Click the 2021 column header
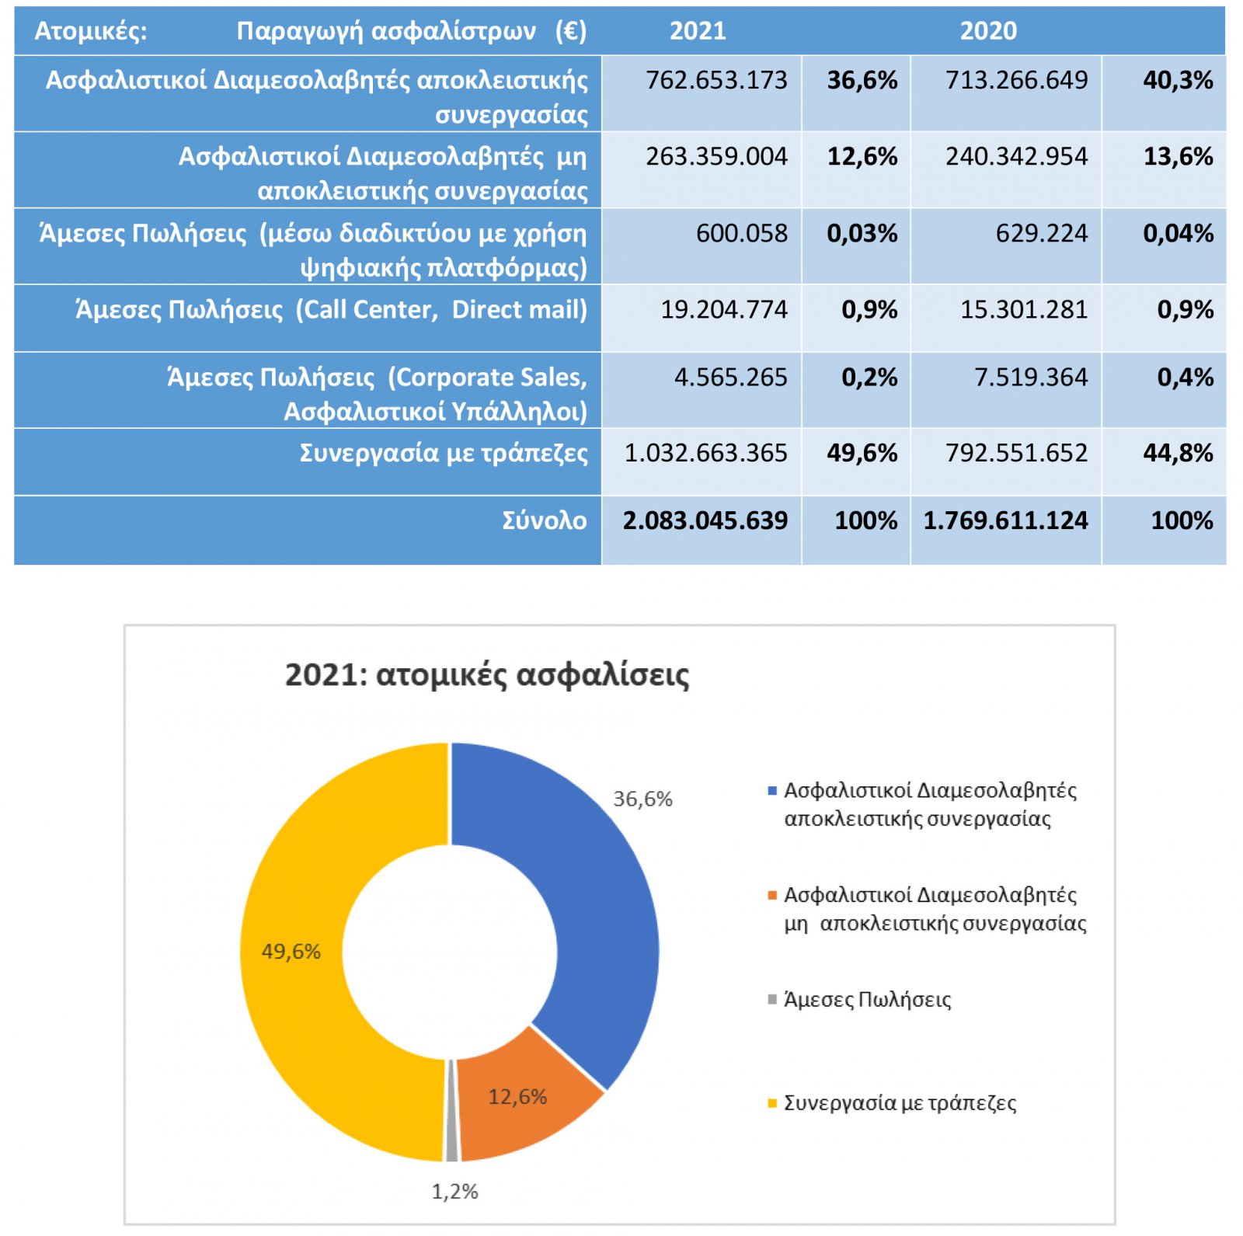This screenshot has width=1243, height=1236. click(x=698, y=31)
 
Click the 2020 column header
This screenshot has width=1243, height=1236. click(x=988, y=31)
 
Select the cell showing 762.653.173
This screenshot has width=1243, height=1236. click(x=716, y=80)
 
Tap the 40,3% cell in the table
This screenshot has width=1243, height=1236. click(x=1178, y=80)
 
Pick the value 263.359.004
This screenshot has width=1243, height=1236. click(x=716, y=156)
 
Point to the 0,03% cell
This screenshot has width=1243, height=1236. click(x=862, y=233)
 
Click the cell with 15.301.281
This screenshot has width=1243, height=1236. click(x=1024, y=309)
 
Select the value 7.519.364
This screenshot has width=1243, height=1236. click(x=1031, y=377)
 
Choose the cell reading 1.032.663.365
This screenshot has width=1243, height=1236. click(x=705, y=453)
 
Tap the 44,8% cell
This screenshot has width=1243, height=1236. click(x=1178, y=453)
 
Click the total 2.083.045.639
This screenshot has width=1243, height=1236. click(x=705, y=521)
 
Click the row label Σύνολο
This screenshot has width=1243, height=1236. click(x=545, y=521)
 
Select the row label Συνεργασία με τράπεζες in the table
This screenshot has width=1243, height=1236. click(x=444, y=453)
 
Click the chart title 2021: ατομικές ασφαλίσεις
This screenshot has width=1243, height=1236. click(x=487, y=675)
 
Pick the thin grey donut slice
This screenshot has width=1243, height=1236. click(x=451, y=1111)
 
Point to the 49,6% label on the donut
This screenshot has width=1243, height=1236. click(x=291, y=951)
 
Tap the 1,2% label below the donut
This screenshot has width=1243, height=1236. click(x=454, y=1191)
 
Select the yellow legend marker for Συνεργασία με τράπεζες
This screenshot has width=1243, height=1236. click(x=772, y=1103)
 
